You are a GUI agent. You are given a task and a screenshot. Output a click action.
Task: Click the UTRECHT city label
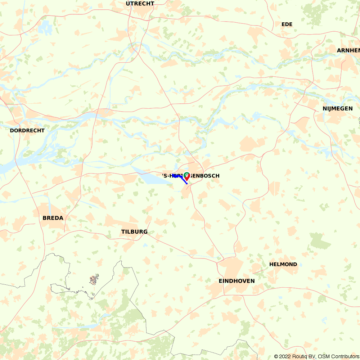coord(140,4)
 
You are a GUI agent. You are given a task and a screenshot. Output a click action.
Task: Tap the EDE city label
coord(287,24)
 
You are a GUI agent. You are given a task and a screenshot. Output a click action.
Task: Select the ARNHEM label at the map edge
coord(348,50)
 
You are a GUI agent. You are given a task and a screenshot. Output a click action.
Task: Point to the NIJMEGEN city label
coord(337,108)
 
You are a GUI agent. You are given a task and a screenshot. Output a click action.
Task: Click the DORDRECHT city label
coord(27,130)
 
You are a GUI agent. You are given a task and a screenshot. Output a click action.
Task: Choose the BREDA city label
coord(53,218)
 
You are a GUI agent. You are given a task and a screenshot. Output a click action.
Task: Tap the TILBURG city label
coord(134,231)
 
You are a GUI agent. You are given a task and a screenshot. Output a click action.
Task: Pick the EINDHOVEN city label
coord(237,281)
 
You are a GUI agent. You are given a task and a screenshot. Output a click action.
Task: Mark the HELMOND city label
coord(283,264)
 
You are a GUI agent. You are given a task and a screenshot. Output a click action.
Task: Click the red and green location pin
coord(187,176)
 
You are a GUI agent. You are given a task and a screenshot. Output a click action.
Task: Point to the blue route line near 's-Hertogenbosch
coord(181,179)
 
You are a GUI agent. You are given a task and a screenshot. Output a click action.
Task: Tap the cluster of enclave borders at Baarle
coord(94,279)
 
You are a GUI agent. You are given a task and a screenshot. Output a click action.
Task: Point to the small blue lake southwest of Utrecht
coord(45,26)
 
